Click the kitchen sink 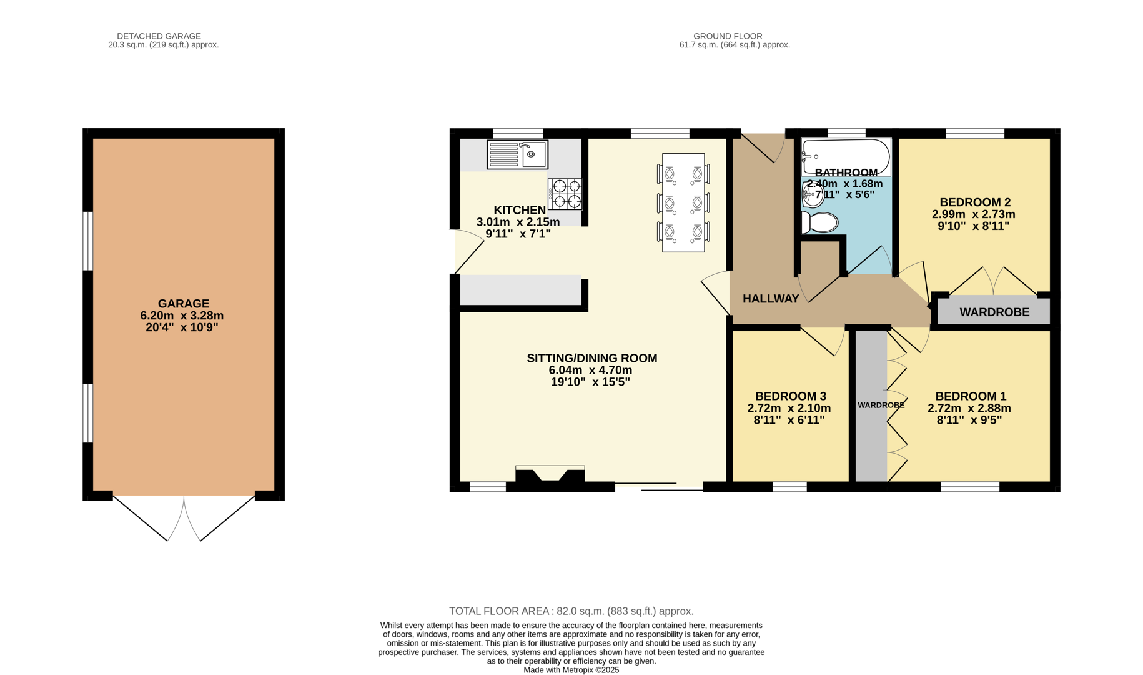click(517, 154)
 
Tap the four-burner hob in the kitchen click(565, 194)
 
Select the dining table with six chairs click(683, 202)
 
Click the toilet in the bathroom click(820, 222)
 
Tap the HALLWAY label click(771, 299)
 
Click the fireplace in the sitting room click(550, 474)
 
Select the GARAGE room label click(183, 304)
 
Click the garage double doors click(184, 517)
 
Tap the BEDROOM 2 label click(974, 202)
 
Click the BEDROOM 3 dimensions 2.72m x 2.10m click(789, 408)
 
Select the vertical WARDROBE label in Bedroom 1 click(881, 405)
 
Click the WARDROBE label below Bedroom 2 click(994, 312)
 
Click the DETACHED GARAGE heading click(159, 36)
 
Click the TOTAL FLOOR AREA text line click(571, 611)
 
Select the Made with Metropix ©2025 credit click(571, 670)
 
